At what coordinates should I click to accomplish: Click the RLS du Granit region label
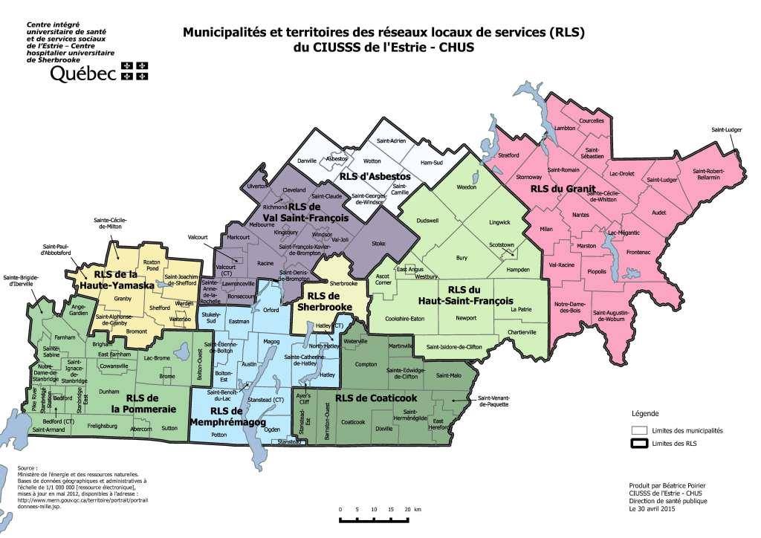point(559,189)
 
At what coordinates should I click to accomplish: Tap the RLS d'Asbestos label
point(375,178)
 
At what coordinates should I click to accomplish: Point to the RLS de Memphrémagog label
point(236,416)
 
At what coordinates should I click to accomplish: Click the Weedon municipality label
point(466,187)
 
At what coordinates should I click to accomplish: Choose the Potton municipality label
point(218,433)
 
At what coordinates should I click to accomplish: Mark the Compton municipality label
point(366,364)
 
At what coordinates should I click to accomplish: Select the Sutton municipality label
point(170,429)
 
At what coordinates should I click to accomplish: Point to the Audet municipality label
point(658,212)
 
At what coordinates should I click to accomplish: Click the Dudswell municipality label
point(428,221)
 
